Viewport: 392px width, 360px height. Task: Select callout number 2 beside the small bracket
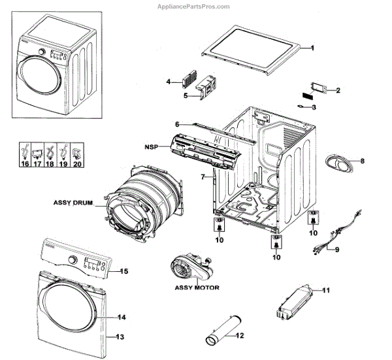point(338,90)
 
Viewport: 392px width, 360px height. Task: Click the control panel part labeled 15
point(80,260)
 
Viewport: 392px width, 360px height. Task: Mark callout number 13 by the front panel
point(120,337)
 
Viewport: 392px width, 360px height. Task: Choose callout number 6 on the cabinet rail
point(176,124)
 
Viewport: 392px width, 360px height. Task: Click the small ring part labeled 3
point(302,106)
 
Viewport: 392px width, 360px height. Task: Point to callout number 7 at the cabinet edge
point(203,176)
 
